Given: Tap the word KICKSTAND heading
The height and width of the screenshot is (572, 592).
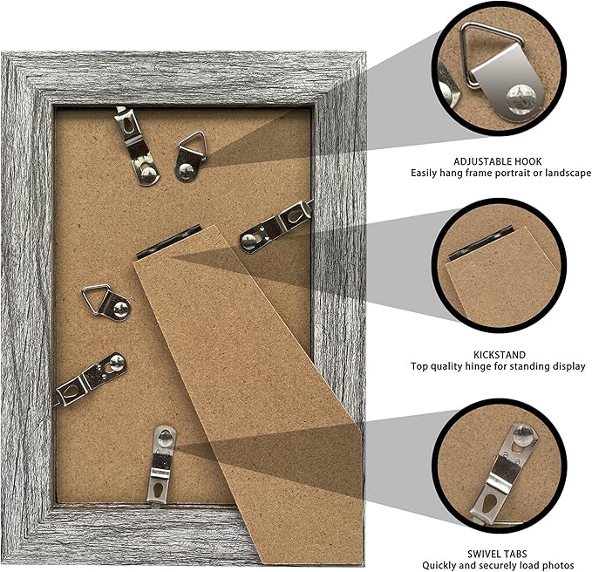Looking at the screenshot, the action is [x=500, y=355].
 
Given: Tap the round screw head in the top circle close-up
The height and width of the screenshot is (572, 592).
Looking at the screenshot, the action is [x=521, y=99].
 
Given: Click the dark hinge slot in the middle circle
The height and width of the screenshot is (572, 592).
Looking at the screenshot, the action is [x=480, y=245].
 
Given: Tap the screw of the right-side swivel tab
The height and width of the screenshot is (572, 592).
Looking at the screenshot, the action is [x=249, y=242].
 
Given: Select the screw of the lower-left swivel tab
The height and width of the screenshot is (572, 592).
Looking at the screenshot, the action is [x=117, y=363].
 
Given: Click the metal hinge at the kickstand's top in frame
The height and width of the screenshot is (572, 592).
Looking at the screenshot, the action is [x=169, y=241].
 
